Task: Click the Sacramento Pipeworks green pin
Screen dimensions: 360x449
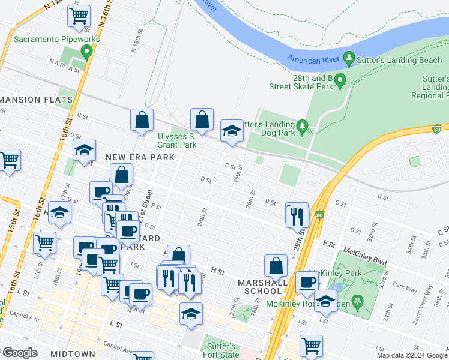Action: [x=87, y=52]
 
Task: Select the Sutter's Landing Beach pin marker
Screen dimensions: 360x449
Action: [x=349, y=58]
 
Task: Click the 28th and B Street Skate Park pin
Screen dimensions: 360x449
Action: [x=340, y=80]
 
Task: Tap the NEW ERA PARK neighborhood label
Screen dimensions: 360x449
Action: [x=140, y=157]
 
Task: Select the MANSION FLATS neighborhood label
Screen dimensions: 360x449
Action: [x=37, y=100]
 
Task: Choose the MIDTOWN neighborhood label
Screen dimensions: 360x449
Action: [x=73, y=354]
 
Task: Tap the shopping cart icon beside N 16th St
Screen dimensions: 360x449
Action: [x=79, y=16]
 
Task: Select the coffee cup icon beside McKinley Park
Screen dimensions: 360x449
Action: [x=307, y=282]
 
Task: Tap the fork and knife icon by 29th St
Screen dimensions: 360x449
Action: [x=297, y=215]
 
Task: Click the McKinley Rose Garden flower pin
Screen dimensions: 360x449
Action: [x=358, y=301]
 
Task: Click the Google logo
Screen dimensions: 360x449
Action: [x=19, y=353]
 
